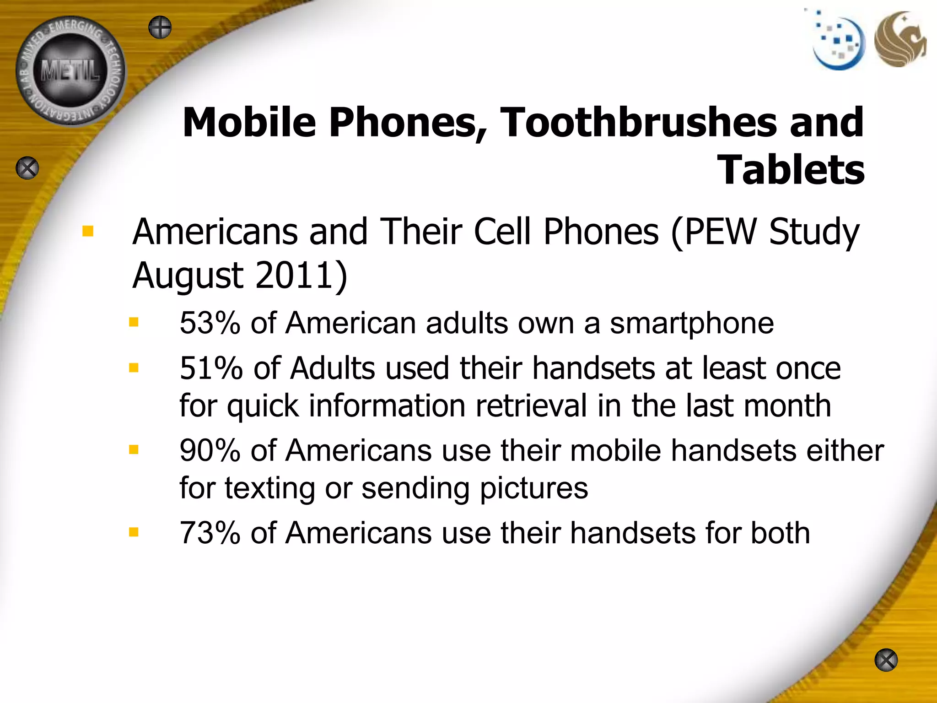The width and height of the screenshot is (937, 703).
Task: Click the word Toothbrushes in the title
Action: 638,123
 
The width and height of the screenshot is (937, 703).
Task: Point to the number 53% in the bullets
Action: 210,323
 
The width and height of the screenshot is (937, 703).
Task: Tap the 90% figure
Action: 210,451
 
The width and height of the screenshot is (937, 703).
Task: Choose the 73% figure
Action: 210,533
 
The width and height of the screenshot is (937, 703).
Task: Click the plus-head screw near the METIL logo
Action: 160,27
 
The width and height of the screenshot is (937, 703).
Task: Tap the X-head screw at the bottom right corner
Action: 886,660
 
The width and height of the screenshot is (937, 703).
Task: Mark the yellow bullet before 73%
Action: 134,532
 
